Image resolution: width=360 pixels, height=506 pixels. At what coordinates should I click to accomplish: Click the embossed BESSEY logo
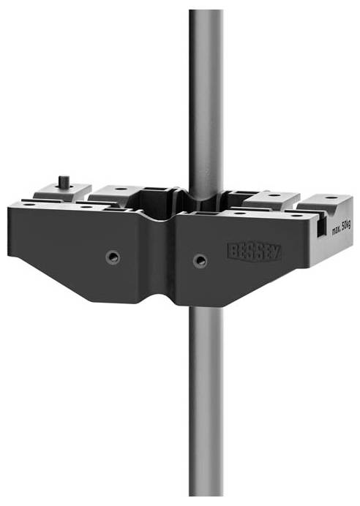[x=254, y=252]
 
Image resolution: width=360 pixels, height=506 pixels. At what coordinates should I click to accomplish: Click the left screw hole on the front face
[x=112, y=257]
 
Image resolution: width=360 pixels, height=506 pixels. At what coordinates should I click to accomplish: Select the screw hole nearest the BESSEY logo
[x=199, y=260]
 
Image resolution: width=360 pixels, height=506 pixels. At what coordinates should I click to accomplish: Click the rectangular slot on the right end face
[x=322, y=230]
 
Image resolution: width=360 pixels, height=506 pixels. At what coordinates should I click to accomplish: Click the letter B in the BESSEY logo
[x=233, y=251]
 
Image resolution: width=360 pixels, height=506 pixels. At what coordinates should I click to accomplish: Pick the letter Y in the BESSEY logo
[x=276, y=252]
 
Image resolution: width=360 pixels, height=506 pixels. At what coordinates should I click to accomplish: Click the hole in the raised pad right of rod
[x=272, y=196]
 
